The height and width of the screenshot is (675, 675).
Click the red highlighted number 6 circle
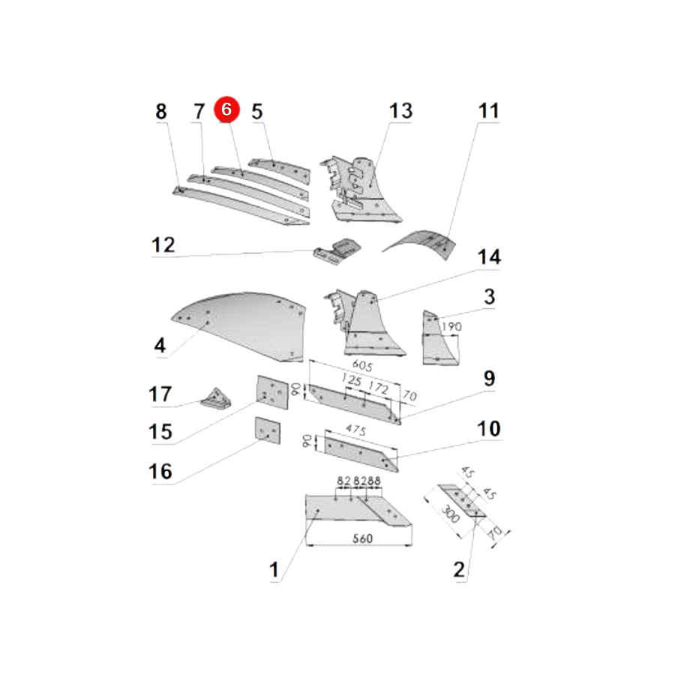click(x=226, y=109)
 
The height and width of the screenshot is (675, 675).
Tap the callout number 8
click(x=161, y=112)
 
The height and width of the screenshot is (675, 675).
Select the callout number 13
click(x=400, y=111)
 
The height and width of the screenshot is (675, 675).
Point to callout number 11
click(x=488, y=111)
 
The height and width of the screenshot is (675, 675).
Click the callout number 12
click(x=163, y=245)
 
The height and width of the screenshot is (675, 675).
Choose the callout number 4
click(x=160, y=345)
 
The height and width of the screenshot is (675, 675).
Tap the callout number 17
click(x=160, y=394)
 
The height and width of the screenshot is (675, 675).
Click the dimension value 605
click(x=362, y=365)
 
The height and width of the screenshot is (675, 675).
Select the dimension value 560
click(x=362, y=538)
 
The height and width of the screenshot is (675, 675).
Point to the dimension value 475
click(x=356, y=430)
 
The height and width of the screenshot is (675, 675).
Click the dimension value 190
click(x=451, y=327)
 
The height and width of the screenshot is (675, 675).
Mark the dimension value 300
click(x=450, y=514)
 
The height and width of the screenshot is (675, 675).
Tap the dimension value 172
click(x=379, y=388)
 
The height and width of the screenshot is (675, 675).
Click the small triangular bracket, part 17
click(x=216, y=399)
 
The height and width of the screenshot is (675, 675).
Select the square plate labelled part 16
click(x=267, y=430)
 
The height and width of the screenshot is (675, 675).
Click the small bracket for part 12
click(x=337, y=251)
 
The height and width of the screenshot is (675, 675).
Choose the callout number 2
click(x=459, y=569)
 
